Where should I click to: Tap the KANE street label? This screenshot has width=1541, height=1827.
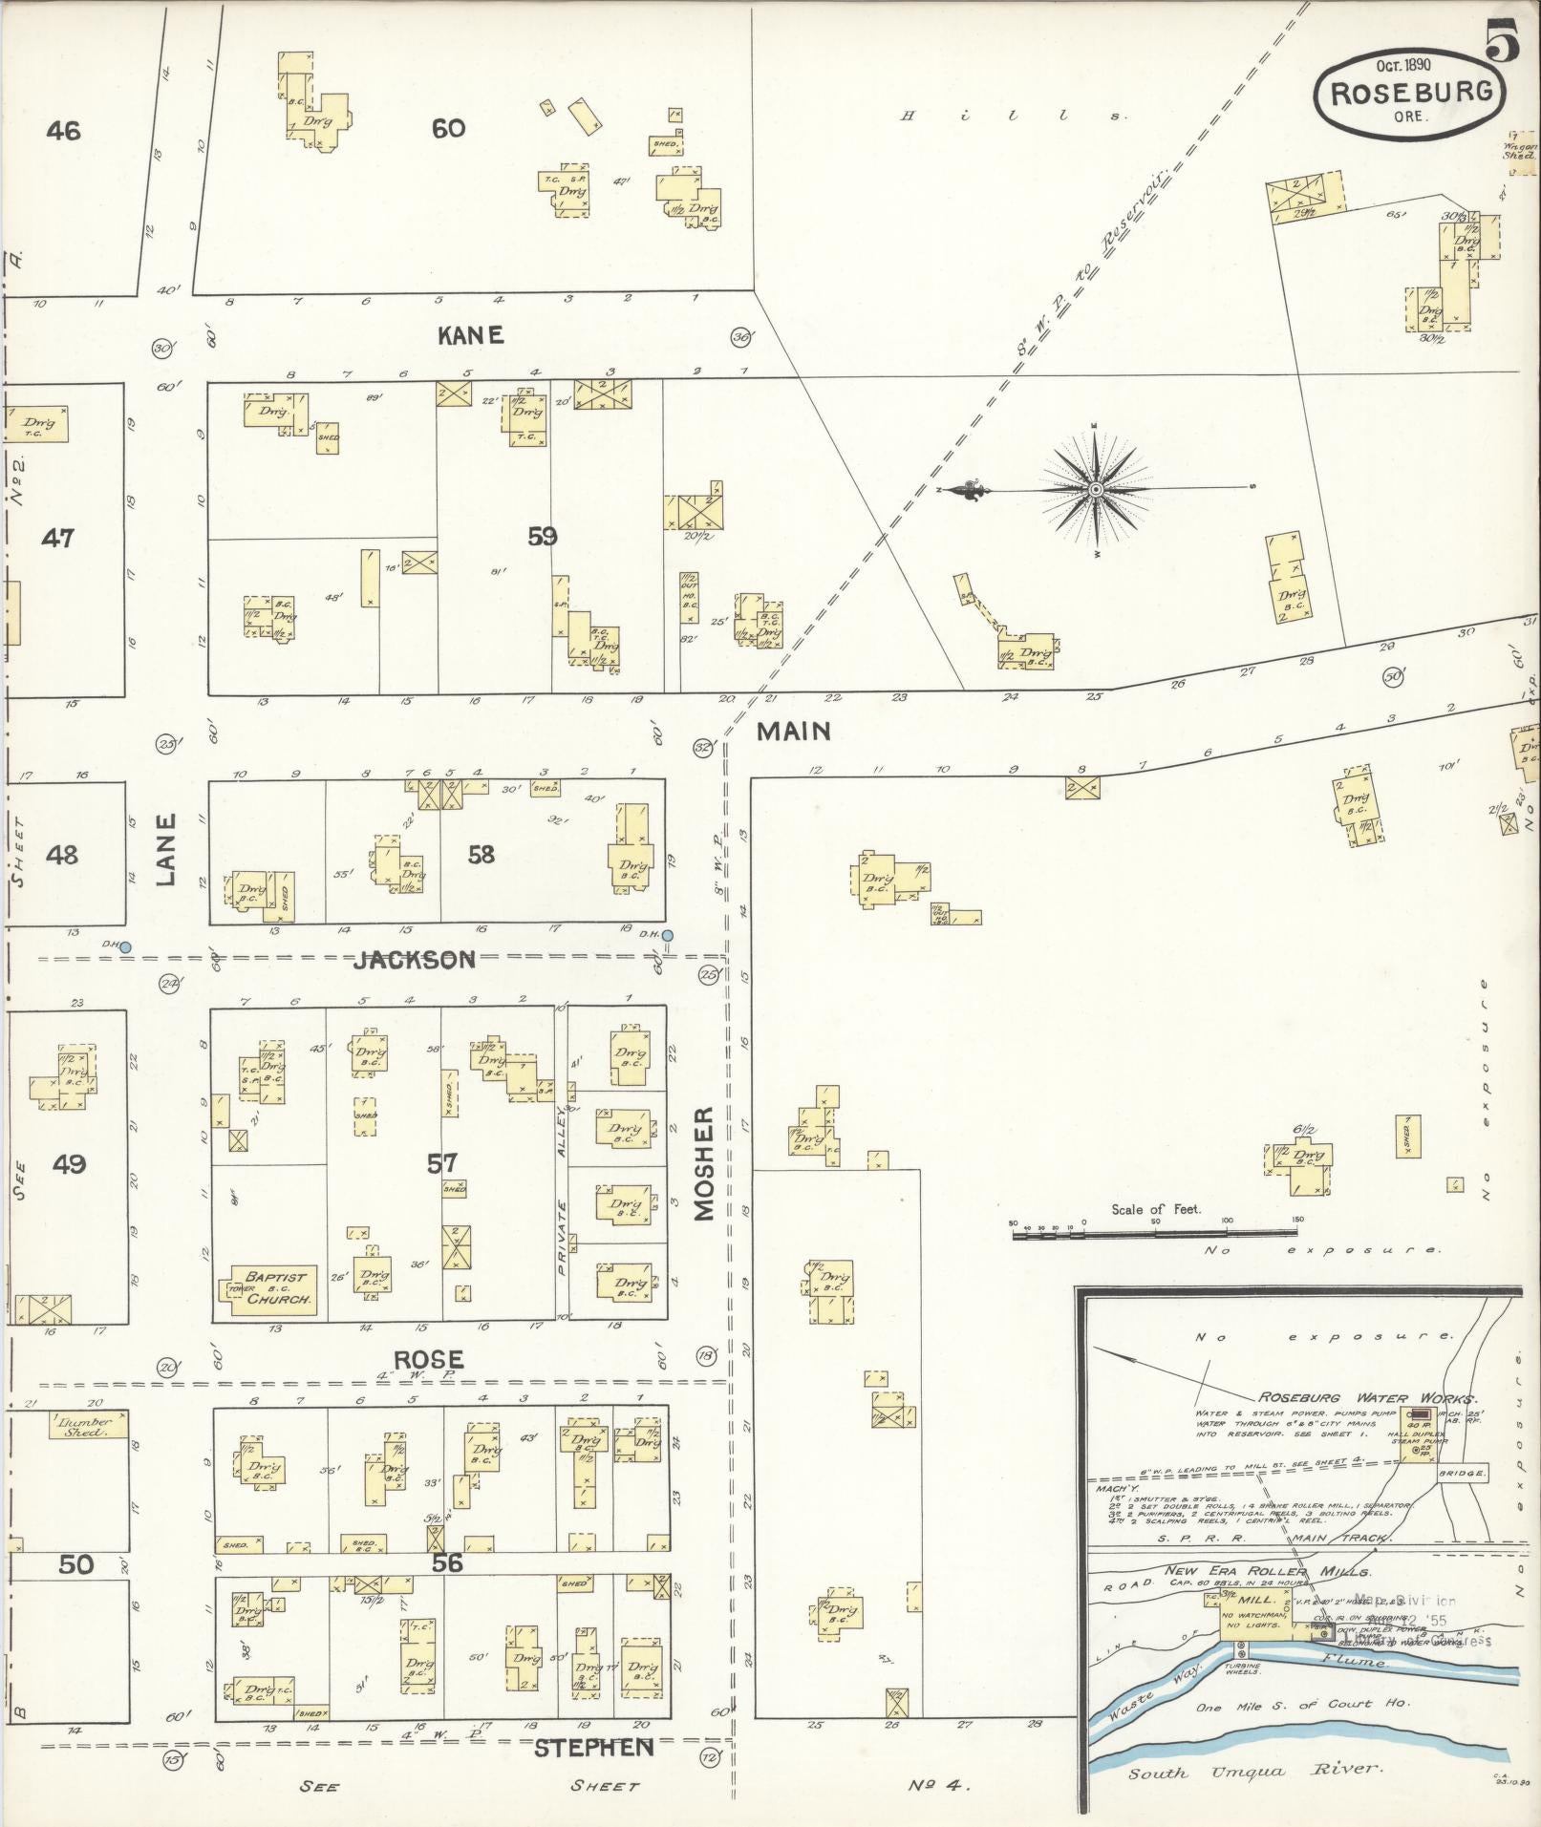click(470, 335)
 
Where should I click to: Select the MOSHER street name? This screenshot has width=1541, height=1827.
click(704, 1163)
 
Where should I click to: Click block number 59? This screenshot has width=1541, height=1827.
click(542, 537)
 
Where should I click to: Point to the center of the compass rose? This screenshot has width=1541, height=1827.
click(1096, 490)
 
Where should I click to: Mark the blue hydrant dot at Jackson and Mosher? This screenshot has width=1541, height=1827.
click(668, 935)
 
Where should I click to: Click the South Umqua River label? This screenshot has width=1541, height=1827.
click(1254, 1770)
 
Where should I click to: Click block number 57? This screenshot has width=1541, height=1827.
click(441, 1163)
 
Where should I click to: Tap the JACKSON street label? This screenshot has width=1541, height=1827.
click(414, 960)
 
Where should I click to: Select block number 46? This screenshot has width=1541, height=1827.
click(63, 130)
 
